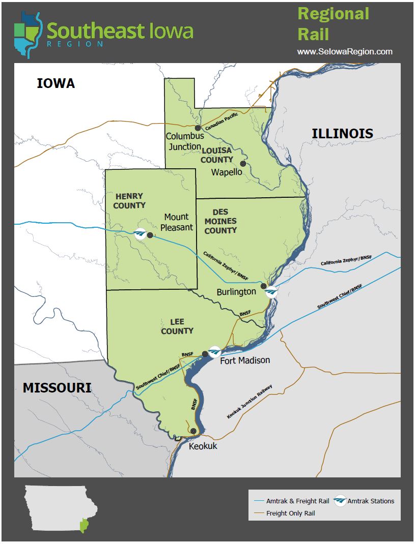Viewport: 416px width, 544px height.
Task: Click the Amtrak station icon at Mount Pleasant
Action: point(140,234)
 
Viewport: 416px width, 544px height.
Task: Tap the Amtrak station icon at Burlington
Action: point(271,292)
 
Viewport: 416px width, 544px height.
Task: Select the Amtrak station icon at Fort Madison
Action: point(215,351)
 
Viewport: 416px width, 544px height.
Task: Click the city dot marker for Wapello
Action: point(243,164)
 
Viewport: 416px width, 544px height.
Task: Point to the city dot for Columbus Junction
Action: point(198,128)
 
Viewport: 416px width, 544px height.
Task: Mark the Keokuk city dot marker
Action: point(193,431)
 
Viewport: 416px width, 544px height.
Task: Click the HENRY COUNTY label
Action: point(129,201)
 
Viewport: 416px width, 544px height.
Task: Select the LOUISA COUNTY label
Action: point(216,155)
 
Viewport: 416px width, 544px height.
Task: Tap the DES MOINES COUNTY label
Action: point(220,221)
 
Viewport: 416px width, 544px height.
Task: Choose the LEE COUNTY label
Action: point(177,326)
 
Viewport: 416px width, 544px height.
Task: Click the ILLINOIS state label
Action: point(342,134)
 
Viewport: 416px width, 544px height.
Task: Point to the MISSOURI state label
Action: point(57,388)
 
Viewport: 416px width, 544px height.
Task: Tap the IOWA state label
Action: point(56,83)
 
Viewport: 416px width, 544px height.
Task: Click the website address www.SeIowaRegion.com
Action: point(345,52)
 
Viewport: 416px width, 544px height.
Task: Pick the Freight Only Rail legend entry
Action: point(290,513)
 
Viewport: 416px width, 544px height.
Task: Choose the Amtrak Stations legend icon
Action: point(340,501)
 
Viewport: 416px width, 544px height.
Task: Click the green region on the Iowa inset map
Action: point(84,524)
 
